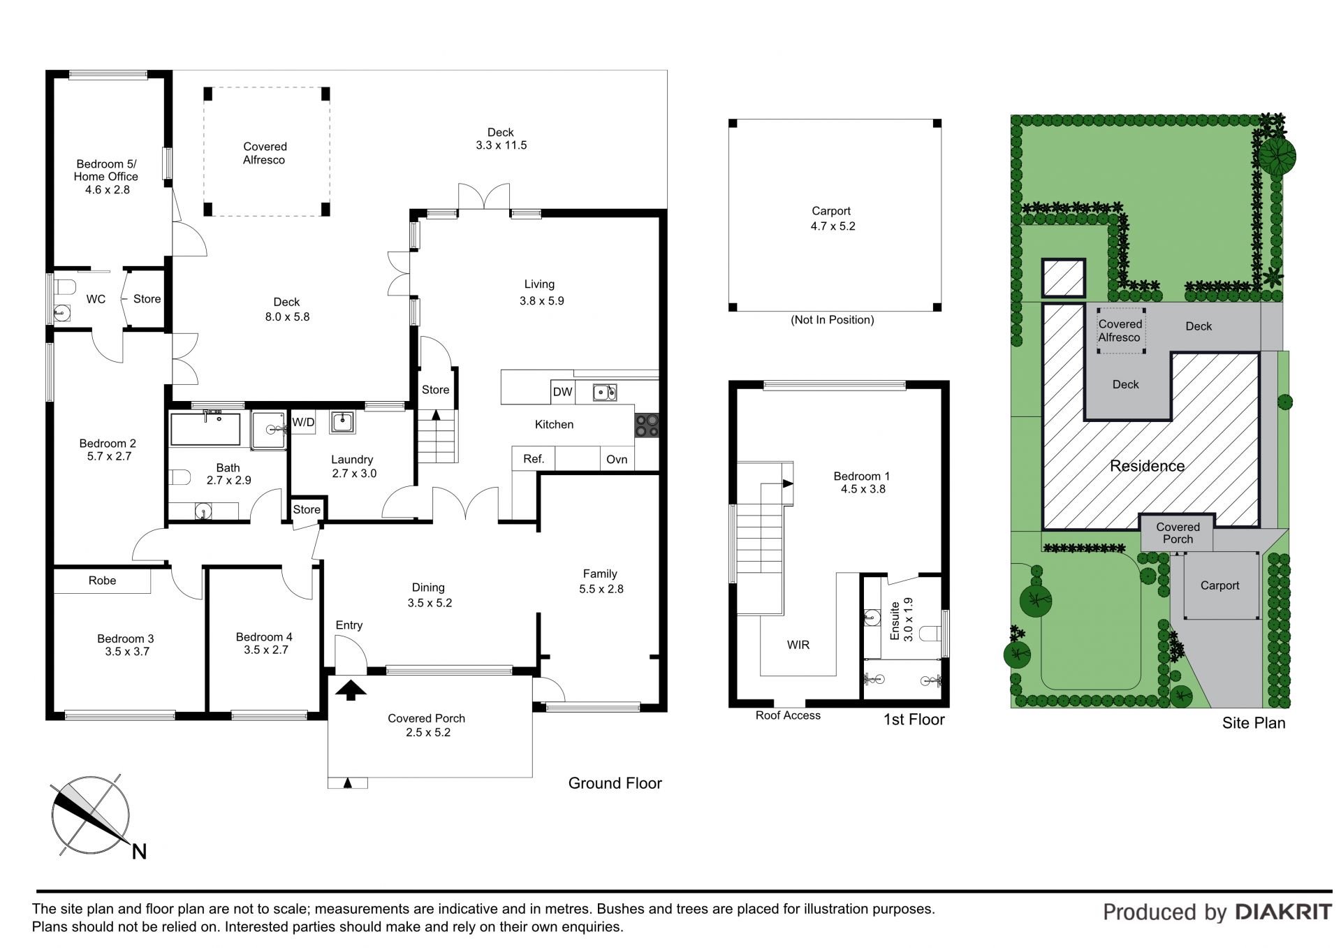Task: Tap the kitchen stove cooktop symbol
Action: (x=646, y=425)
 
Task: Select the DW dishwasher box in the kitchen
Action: (x=562, y=392)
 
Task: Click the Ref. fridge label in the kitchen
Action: (x=534, y=459)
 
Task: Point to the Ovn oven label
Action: (x=617, y=459)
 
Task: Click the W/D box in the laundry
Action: (x=303, y=422)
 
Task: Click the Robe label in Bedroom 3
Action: (x=102, y=581)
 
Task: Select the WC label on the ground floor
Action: (x=96, y=299)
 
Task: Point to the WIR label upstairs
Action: (x=798, y=645)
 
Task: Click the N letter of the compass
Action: (x=140, y=852)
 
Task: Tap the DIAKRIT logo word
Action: (x=1283, y=912)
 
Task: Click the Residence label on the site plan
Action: (x=1147, y=466)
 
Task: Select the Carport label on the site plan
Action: (x=1219, y=585)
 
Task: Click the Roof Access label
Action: (x=788, y=715)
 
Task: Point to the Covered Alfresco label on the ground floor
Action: (x=265, y=153)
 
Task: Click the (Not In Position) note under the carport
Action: (x=832, y=320)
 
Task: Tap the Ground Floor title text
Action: (x=615, y=783)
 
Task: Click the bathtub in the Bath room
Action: (x=205, y=429)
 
